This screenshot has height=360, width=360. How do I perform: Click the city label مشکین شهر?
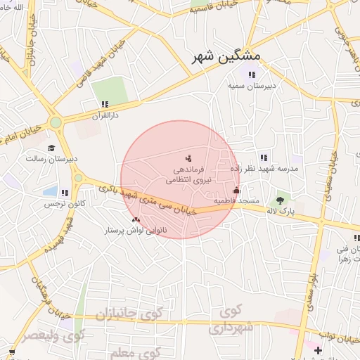click(226, 56)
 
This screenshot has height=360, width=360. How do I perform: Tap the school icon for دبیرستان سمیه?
click(252, 75)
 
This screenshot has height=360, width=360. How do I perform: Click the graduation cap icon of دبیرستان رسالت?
click(51, 148)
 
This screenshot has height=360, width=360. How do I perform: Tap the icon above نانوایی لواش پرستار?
click(136, 220)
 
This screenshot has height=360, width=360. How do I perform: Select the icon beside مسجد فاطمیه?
click(236, 190)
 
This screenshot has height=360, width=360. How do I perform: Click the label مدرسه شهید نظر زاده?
click(264, 169)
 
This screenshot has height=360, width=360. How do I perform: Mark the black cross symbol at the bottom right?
click(318, 349)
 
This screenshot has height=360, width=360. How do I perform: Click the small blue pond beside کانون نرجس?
click(49, 191)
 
